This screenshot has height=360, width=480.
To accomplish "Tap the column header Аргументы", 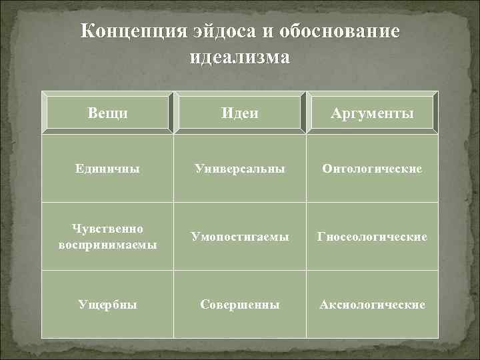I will tap(372, 114).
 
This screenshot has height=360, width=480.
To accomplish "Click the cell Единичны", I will tap(107, 169).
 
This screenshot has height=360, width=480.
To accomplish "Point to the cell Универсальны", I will tap(239, 169).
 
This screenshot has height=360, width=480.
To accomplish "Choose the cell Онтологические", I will tap(372, 169).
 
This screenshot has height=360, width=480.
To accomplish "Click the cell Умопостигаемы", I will tap(239, 237).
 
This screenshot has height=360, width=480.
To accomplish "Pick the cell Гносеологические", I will tap(372, 237).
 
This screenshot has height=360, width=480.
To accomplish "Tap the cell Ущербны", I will tap(107, 305).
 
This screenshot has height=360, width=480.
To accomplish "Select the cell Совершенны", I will tap(239, 305).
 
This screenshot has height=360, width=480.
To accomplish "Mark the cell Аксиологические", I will tap(372, 305).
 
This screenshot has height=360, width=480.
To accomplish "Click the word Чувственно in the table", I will tap(107, 229).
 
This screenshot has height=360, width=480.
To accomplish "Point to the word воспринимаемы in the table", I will tap(107, 244).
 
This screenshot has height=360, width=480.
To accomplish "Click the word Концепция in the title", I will tap(132, 32).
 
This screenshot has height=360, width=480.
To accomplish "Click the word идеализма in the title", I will tap(239, 57).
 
